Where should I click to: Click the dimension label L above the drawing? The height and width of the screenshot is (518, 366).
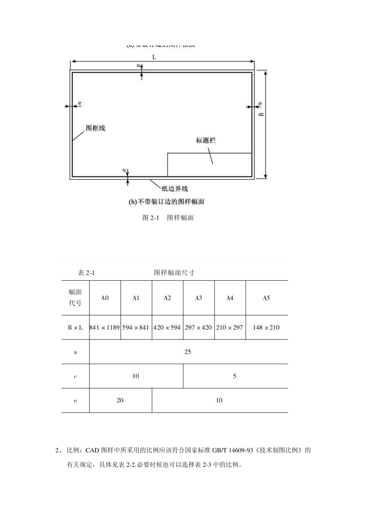tap(154, 57)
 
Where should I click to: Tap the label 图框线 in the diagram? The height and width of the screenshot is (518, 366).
tap(95, 128)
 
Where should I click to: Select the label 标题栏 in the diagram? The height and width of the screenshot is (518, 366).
tap(206, 140)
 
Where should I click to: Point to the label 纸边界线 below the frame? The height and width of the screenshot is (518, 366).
tap(175, 188)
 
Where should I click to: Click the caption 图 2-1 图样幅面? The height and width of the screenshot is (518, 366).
tap(168, 218)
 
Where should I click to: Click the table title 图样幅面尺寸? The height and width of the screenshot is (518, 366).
tap(174, 273)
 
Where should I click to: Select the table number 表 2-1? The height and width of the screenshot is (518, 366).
tap(86, 273)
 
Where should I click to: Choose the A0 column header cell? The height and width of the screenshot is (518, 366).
tap(105, 298)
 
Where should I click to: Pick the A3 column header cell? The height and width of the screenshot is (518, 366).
tap(198, 298)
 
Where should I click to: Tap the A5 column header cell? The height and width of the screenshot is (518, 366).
tap(266, 298)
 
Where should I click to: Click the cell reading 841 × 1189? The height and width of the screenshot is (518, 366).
tap(105, 328)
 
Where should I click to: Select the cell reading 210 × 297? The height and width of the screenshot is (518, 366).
tap(230, 328)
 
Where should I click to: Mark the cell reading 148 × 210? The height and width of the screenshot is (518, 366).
tap(266, 328)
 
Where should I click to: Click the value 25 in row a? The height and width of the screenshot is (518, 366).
tap(188, 351)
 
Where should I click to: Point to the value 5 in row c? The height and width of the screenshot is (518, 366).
tap(235, 376)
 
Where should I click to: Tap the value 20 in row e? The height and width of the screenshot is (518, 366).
tap(120, 400)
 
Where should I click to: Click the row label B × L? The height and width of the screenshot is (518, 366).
tap(75, 328)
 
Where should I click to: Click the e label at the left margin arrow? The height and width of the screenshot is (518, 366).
tap(80, 103)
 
